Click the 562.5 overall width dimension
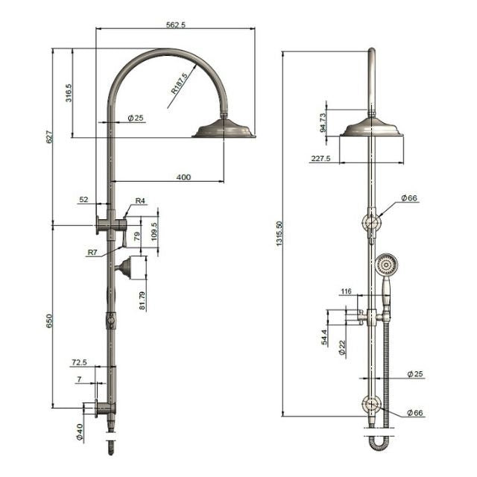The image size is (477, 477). [177, 24]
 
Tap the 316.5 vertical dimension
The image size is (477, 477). [69, 94]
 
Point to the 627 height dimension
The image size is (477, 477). [50, 137]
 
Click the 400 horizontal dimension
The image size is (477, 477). [183, 177]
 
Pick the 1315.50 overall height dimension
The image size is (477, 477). [279, 233]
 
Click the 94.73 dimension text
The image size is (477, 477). [323, 122]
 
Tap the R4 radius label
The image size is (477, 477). [139, 200]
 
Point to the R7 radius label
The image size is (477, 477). [92, 253]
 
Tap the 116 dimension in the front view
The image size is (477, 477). [346, 291]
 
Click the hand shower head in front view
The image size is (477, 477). [386, 264]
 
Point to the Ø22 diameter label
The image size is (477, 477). [342, 347]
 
